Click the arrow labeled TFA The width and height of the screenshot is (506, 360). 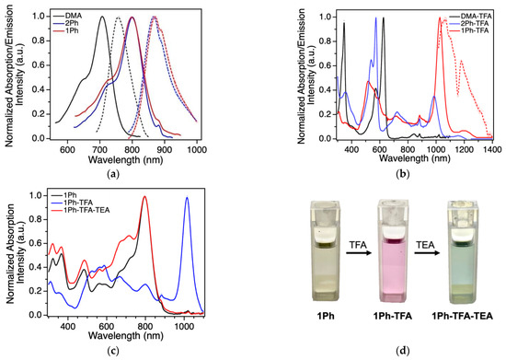click(x=346, y=266)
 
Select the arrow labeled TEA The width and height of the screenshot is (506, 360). click(x=422, y=266)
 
